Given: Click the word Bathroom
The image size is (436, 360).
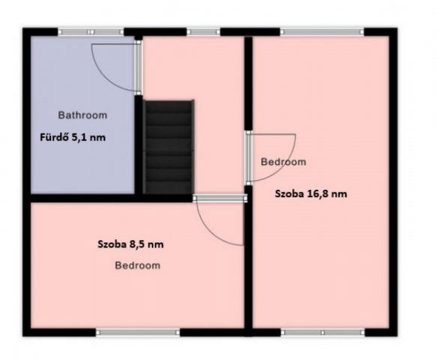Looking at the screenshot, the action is (x=82, y=115).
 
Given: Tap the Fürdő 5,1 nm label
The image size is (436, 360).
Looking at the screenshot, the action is (x=73, y=137).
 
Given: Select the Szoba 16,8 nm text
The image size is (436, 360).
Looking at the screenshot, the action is (x=311, y=193).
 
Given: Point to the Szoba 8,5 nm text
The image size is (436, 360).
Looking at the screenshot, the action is (x=130, y=244).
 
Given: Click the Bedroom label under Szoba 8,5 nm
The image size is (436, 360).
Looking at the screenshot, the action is (x=138, y=265).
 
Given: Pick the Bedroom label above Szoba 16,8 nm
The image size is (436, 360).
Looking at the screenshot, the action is (x=283, y=162).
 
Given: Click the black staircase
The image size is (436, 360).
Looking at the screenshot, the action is (x=169, y=147).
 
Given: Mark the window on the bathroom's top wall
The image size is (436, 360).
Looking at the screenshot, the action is (x=91, y=32).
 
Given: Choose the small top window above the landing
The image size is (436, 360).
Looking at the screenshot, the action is (x=204, y=32).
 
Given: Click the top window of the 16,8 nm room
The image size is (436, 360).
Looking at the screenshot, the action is (x=322, y=32).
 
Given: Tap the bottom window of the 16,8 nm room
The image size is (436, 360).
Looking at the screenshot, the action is (x=323, y=332).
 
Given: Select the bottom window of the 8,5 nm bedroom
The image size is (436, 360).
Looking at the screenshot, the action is (x=138, y=332).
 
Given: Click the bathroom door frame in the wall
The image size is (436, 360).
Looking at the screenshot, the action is (x=138, y=67).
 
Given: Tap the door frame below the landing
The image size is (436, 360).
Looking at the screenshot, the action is (x=220, y=198).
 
